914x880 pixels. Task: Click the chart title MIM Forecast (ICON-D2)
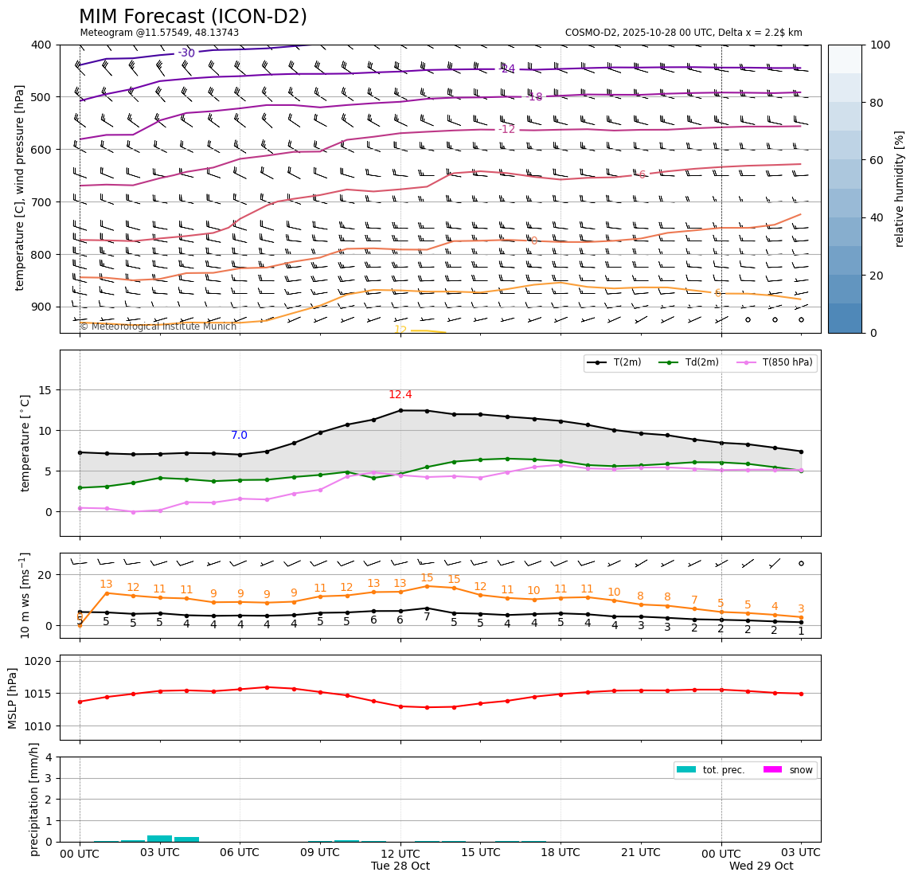click(193, 17)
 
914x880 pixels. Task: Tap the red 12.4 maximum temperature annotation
click(400, 395)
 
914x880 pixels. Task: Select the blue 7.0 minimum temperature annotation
click(239, 436)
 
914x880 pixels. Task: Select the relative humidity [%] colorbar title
click(900, 189)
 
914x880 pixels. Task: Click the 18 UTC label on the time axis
click(561, 852)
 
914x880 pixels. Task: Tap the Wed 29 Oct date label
click(761, 866)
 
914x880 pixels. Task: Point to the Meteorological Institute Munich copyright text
click(158, 327)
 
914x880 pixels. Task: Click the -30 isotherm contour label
click(186, 53)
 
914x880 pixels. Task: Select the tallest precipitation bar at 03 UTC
click(160, 839)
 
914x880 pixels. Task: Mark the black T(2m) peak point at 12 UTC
click(400, 410)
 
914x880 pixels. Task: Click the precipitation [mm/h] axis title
click(34, 799)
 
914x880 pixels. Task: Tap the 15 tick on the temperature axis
click(47, 390)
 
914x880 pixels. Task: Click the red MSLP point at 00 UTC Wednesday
click(721, 690)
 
